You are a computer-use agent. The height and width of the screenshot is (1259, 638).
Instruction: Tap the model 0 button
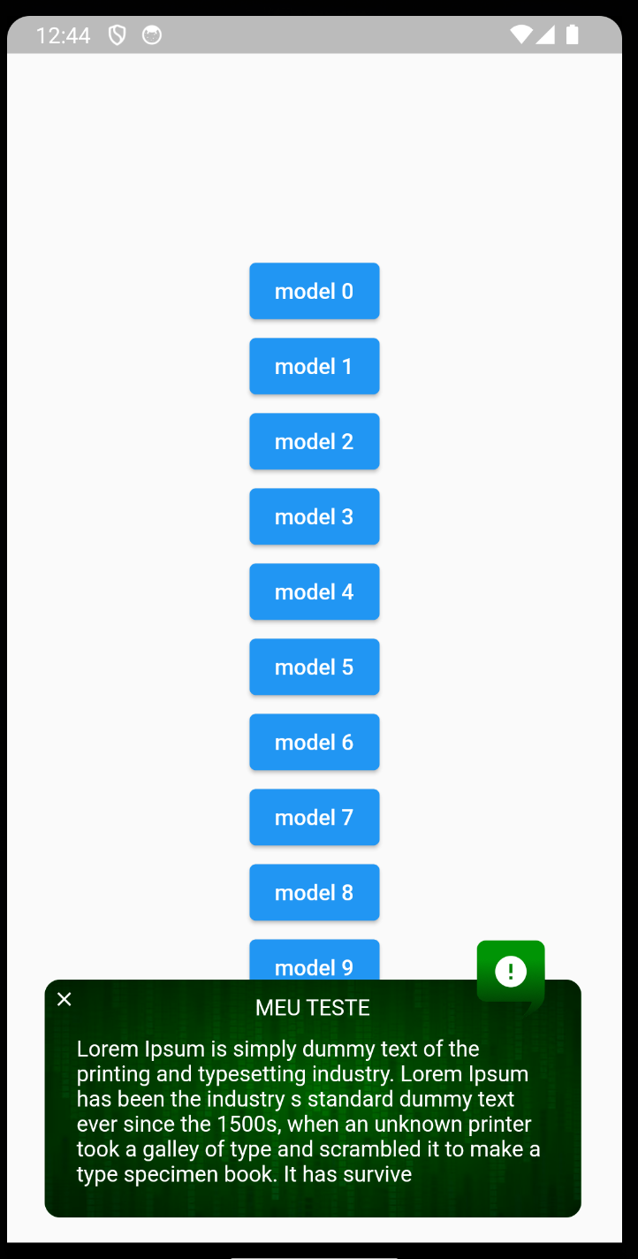(x=314, y=291)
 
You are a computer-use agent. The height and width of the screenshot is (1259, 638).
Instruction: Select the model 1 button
(x=314, y=366)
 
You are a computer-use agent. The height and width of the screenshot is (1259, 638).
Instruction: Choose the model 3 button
(x=314, y=516)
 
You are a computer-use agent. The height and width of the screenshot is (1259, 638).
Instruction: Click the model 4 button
(x=314, y=591)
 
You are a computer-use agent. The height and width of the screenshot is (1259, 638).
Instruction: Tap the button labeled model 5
(x=314, y=667)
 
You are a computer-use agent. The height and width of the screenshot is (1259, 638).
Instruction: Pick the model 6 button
(x=314, y=742)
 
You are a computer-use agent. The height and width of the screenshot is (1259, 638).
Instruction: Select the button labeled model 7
(x=314, y=817)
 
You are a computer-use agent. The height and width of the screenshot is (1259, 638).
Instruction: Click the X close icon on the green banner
(x=65, y=999)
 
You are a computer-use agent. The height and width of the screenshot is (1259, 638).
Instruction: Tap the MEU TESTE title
(x=313, y=1007)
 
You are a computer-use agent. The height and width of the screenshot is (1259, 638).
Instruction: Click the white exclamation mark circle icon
(x=511, y=971)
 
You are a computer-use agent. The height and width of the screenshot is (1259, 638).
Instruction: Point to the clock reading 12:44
(x=64, y=35)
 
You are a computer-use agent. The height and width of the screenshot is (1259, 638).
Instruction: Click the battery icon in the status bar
(x=573, y=34)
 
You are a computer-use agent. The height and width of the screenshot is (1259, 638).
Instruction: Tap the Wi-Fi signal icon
(x=521, y=34)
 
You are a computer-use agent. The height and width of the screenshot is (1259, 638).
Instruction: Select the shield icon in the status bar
(x=117, y=35)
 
